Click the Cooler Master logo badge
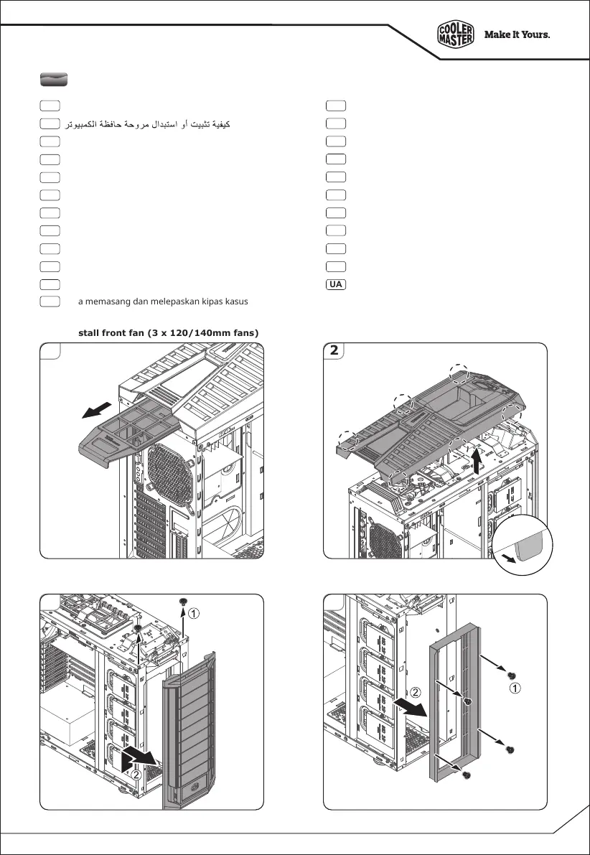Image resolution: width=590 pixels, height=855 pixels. (456, 34)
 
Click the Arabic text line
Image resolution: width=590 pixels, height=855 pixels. (148, 125)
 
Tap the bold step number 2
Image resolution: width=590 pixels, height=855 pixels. (334, 352)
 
